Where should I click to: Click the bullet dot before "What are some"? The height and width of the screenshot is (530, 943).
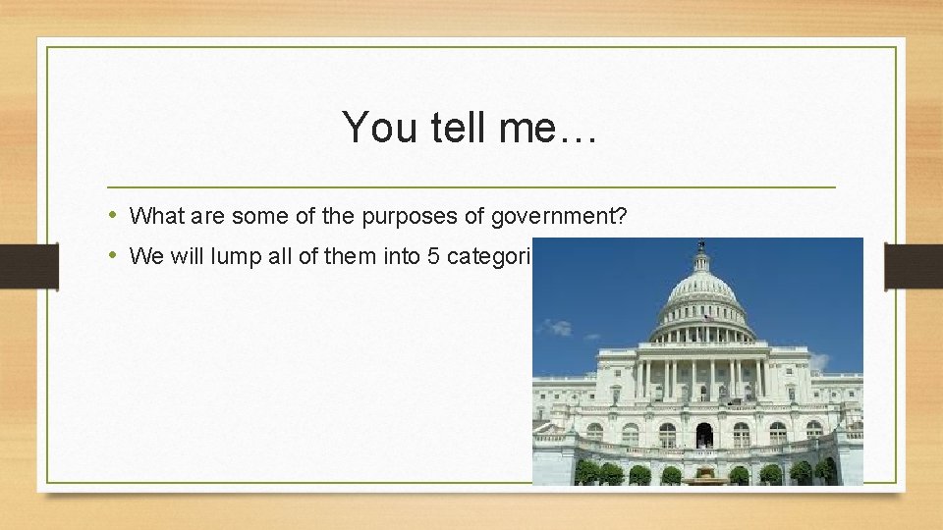114,215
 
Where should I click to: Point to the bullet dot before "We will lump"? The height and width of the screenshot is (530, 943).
114,256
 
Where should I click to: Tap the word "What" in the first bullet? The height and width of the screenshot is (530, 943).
152,216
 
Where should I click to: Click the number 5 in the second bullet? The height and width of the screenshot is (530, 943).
432,257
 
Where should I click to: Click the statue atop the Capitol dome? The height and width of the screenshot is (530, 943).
700,244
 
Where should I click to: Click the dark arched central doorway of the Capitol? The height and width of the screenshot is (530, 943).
704,435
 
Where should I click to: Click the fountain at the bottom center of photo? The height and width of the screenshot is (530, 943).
704,479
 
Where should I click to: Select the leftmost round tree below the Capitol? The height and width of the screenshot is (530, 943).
587,473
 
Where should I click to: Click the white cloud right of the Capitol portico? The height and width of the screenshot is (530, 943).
819,360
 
